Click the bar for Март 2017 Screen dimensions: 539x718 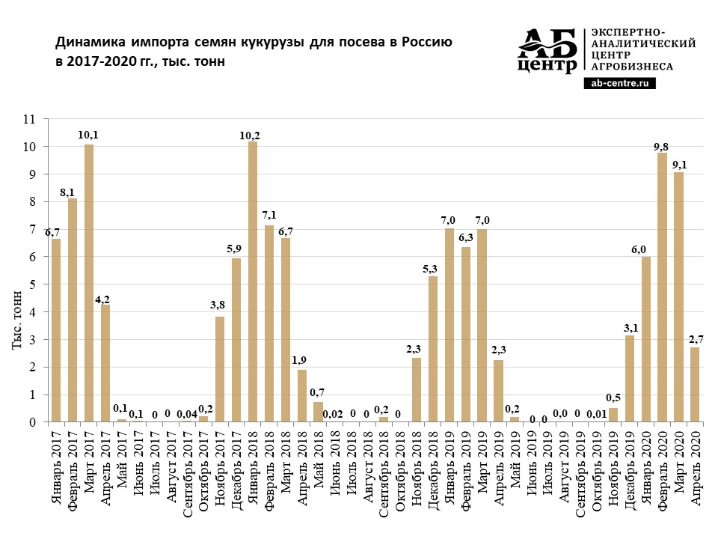tap(89, 283)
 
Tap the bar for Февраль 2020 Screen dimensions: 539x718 tap(663, 287)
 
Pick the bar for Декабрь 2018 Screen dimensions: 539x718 tap(433, 349)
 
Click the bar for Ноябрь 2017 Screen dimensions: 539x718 tap(220, 369)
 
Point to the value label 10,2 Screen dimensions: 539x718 tap(253, 135)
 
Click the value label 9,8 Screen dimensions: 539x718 tap(663, 146)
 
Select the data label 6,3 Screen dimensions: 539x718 tap(466, 238)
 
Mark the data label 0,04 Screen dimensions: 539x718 tap(187, 413)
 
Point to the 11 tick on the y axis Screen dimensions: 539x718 tap(29, 119)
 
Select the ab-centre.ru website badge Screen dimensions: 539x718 tap(620, 85)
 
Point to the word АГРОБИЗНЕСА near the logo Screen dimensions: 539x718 tap(632, 67)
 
